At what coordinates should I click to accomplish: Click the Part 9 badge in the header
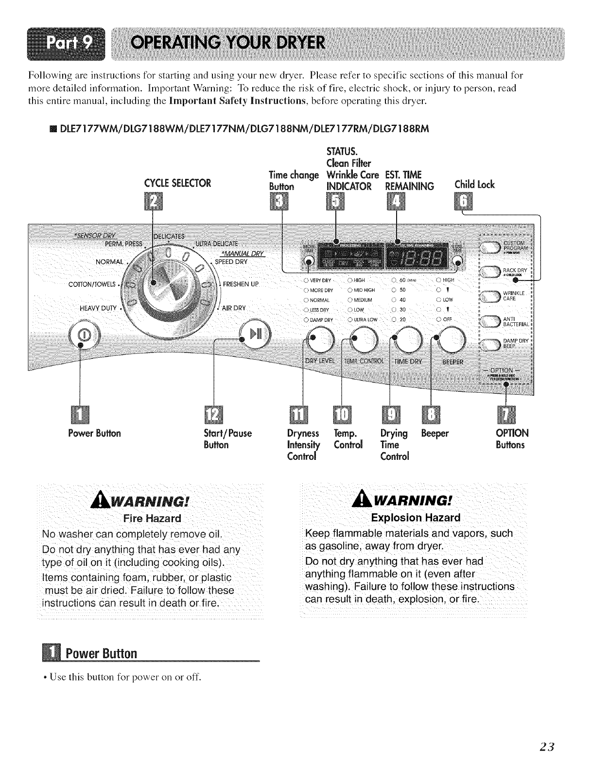(x=67, y=44)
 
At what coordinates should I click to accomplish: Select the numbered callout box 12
(x=213, y=414)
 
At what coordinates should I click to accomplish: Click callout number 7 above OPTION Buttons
(x=505, y=414)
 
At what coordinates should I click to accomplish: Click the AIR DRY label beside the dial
(x=235, y=307)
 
